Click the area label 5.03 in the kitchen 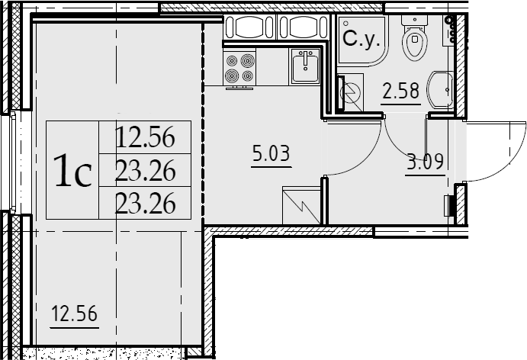tap(271, 153)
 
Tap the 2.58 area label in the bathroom tap(401, 91)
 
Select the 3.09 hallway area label tap(425, 162)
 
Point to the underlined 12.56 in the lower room tap(74, 313)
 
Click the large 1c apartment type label tap(72, 170)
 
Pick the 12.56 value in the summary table tap(145, 137)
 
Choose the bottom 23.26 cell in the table tap(145, 203)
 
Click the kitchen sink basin tap(305, 66)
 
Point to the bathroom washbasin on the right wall tap(440, 89)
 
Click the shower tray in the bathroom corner tap(363, 40)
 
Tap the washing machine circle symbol tap(350, 92)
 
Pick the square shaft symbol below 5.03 tap(301, 205)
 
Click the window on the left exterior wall tap(13, 162)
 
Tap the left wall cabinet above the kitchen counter tap(249, 27)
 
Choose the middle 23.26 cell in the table tap(145, 170)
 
